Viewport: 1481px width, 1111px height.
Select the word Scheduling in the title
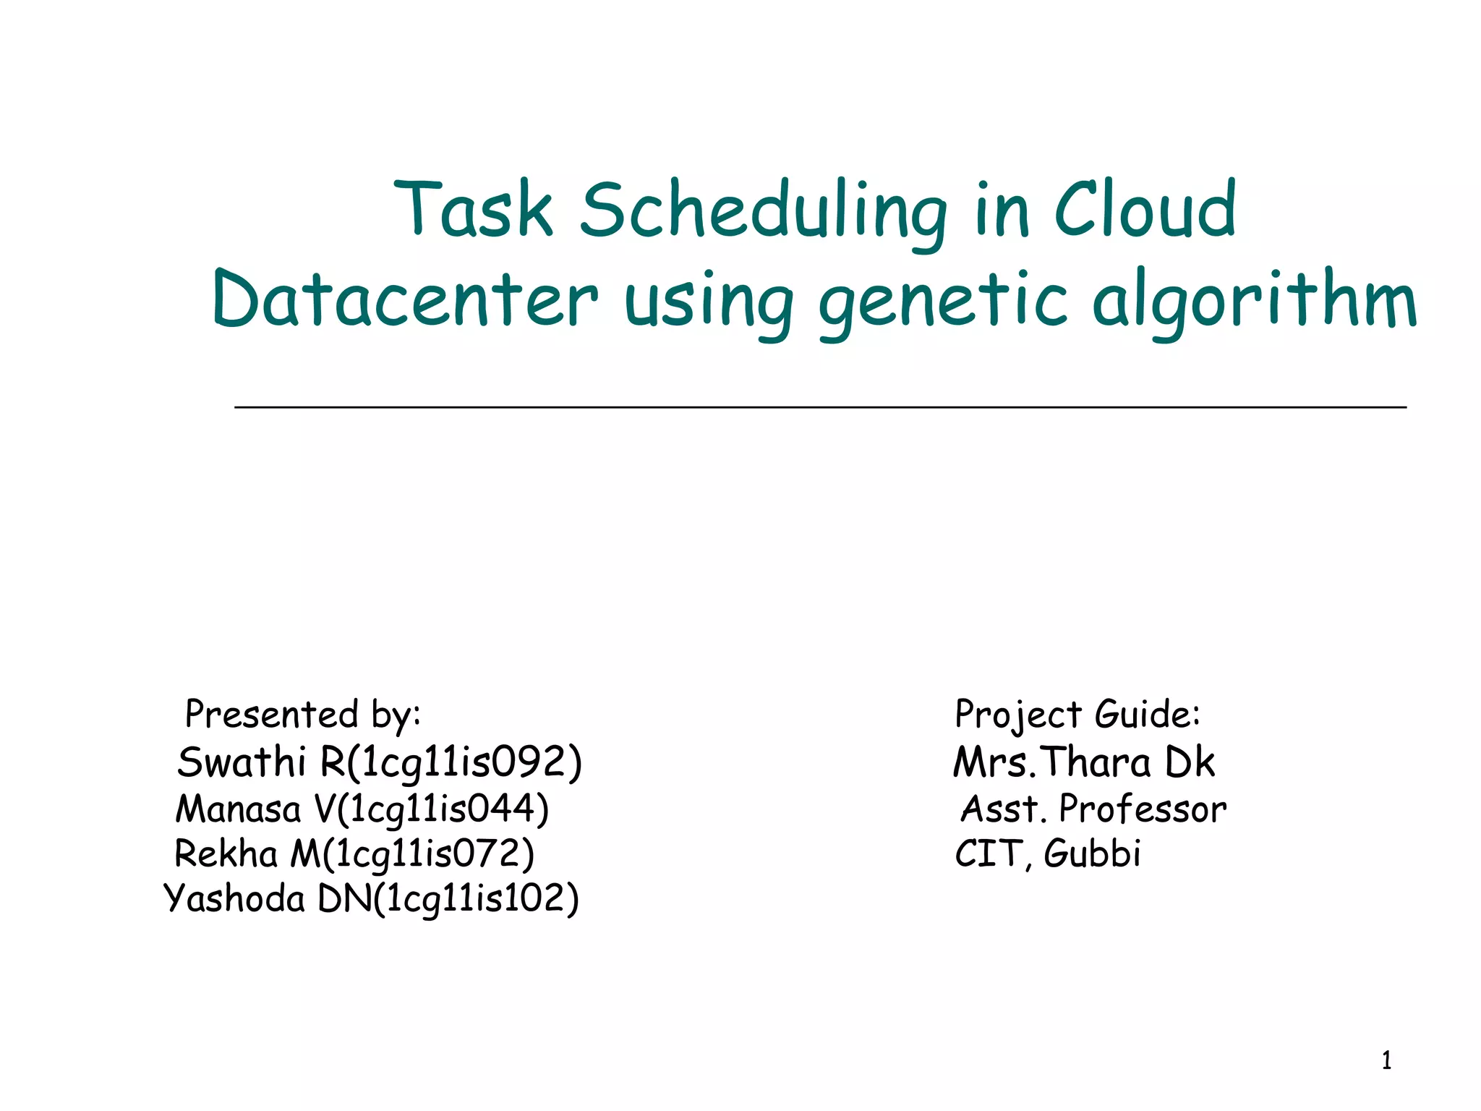[x=763, y=211]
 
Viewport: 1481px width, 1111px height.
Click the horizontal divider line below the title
[x=820, y=408]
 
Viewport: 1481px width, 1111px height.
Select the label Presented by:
[x=303, y=715]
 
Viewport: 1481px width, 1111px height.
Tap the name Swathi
[x=242, y=762]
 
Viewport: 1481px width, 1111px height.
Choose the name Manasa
[x=238, y=809]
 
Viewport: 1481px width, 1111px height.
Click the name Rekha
[x=226, y=854]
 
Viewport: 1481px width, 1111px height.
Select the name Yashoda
[x=234, y=899]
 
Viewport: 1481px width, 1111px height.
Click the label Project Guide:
[x=1077, y=715]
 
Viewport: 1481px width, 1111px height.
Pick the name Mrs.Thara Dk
[x=1083, y=762]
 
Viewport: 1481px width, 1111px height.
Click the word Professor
[x=1143, y=809]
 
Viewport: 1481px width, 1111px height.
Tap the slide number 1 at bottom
[x=1386, y=1061]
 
